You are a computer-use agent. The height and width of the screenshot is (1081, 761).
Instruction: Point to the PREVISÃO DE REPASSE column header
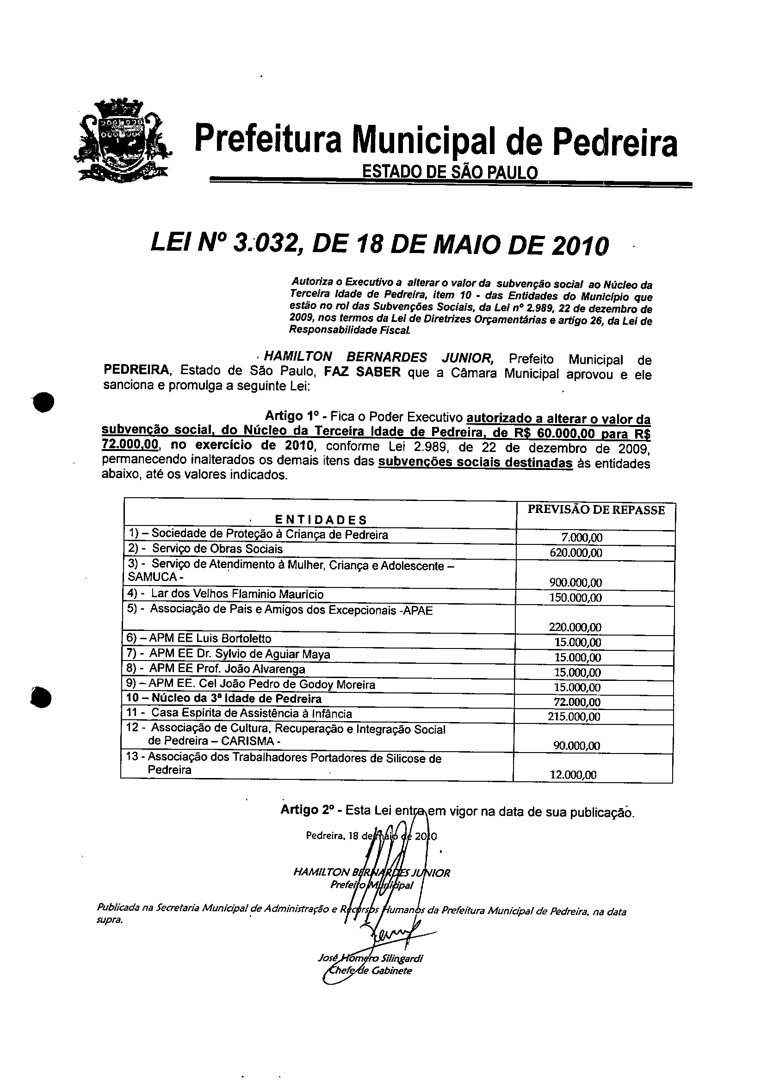pyautogui.click(x=596, y=510)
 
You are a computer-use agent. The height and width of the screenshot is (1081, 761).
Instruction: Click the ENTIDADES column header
pyautogui.click(x=320, y=520)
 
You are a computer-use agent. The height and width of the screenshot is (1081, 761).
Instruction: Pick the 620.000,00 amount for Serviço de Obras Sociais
pyautogui.click(x=575, y=553)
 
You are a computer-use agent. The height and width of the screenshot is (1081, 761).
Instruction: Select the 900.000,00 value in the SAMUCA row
pyautogui.click(x=575, y=583)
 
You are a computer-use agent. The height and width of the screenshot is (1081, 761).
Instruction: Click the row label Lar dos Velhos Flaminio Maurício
pyautogui.click(x=237, y=594)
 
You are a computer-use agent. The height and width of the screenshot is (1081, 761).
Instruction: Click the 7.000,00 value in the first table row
pyautogui.click(x=582, y=537)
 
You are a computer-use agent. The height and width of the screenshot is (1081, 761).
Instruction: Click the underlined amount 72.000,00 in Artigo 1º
pyautogui.click(x=130, y=445)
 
